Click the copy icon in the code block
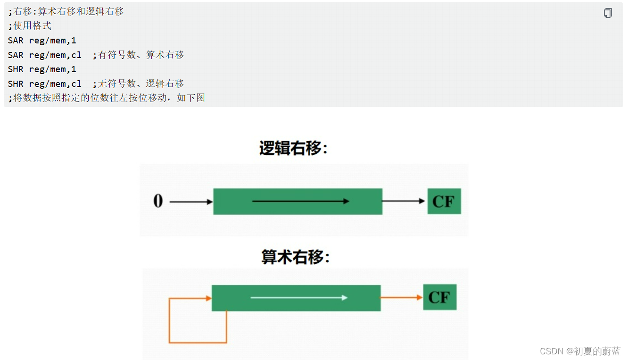point(608,13)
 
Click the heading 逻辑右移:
point(293,148)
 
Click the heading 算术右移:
point(296,257)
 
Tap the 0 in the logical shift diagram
point(158,201)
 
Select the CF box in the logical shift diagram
point(444,201)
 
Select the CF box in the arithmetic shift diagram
point(439,297)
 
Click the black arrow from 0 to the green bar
point(191,202)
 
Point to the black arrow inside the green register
point(300,201)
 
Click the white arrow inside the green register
point(299,298)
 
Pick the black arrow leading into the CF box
point(403,201)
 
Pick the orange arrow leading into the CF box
point(401,298)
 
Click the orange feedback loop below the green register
point(198,342)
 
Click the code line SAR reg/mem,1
point(42,41)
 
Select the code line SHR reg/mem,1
point(42,69)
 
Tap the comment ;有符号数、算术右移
point(138,55)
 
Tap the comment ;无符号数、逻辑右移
point(138,84)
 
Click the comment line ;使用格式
point(30,26)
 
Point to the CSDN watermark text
point(580,351)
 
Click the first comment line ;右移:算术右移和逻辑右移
point(66,11)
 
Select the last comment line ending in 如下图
point(107,99)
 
